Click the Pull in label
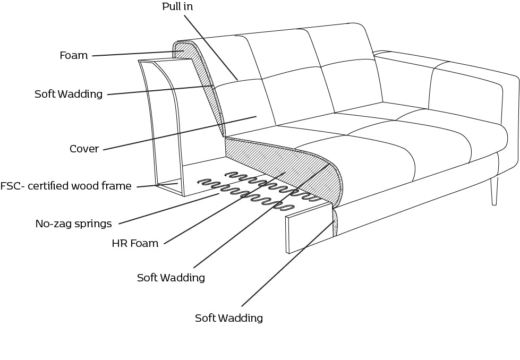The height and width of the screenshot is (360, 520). click(x=177, y=7)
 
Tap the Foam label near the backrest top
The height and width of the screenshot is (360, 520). click(x=74, y=56)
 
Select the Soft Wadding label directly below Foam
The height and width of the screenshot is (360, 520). click(x=69, y=95)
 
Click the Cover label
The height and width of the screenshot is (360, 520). click(x=84, y=149)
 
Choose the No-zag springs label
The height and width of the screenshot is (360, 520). click(x=73, y=224)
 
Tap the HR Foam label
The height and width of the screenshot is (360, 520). click(x=135, y=244)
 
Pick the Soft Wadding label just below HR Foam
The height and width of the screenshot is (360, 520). click(x=171, y=278)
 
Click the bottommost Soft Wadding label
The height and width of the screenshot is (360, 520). click(x=228, y=319)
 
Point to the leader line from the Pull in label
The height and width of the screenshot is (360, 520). click(x=210, y=48)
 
